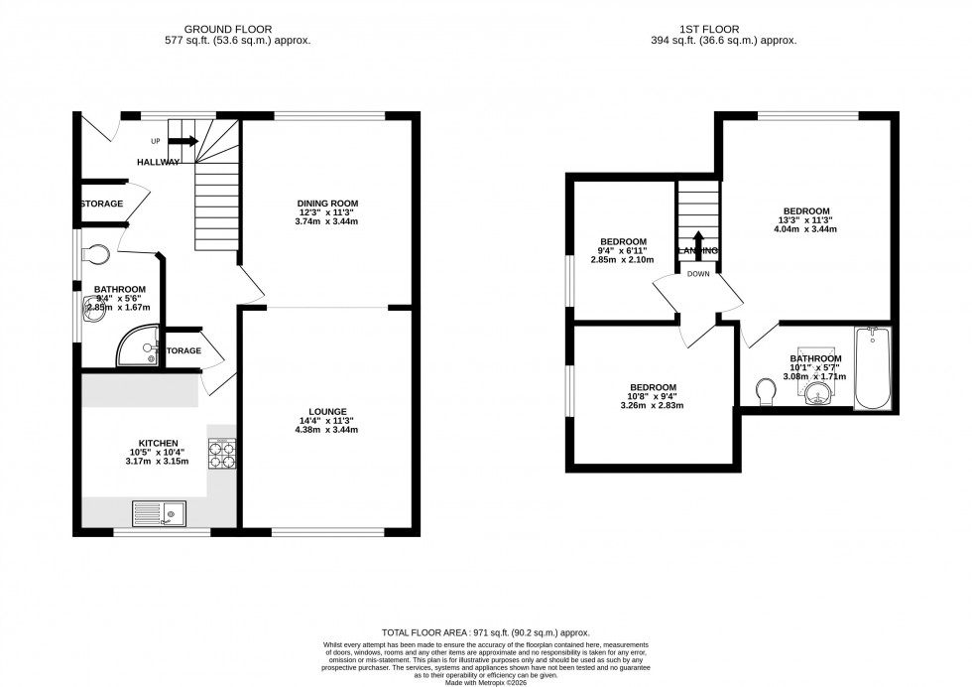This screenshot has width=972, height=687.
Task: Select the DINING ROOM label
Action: pyautogui.click(x=326, y=204)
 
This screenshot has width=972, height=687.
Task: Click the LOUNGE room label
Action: pyautogui.click(x=326, y=411)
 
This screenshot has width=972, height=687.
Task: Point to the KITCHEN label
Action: pyautogui.click(x=158, y=443)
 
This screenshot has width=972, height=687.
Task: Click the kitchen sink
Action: pyautogui.click(x=159, y=514)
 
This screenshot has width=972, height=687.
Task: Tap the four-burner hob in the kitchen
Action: pyautogui.click(x=220, y=454)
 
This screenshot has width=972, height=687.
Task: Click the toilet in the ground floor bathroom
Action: pyautogui.click(x=97, y=255)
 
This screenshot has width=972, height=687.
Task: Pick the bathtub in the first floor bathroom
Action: pyautogui.click(x=873, y=368)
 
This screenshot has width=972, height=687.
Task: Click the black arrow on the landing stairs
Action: pyautogui.click(x=698, y=243)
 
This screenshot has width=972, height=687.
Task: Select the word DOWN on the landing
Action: pyautogui.click(x=698, y=275)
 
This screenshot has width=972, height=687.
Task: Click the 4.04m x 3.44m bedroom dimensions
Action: pyautogui.click(x=806, y=229)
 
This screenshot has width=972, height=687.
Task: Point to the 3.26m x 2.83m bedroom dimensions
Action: pyautogui.click(x=652, y=406)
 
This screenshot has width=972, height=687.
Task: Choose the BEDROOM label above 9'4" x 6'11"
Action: pyautogui.click(x=624, y=241)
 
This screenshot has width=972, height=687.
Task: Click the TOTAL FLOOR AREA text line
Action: pyautogui.click(x=486, y=632)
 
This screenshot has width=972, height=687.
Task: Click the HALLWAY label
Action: pyautogui.click(x=159, y=162)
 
